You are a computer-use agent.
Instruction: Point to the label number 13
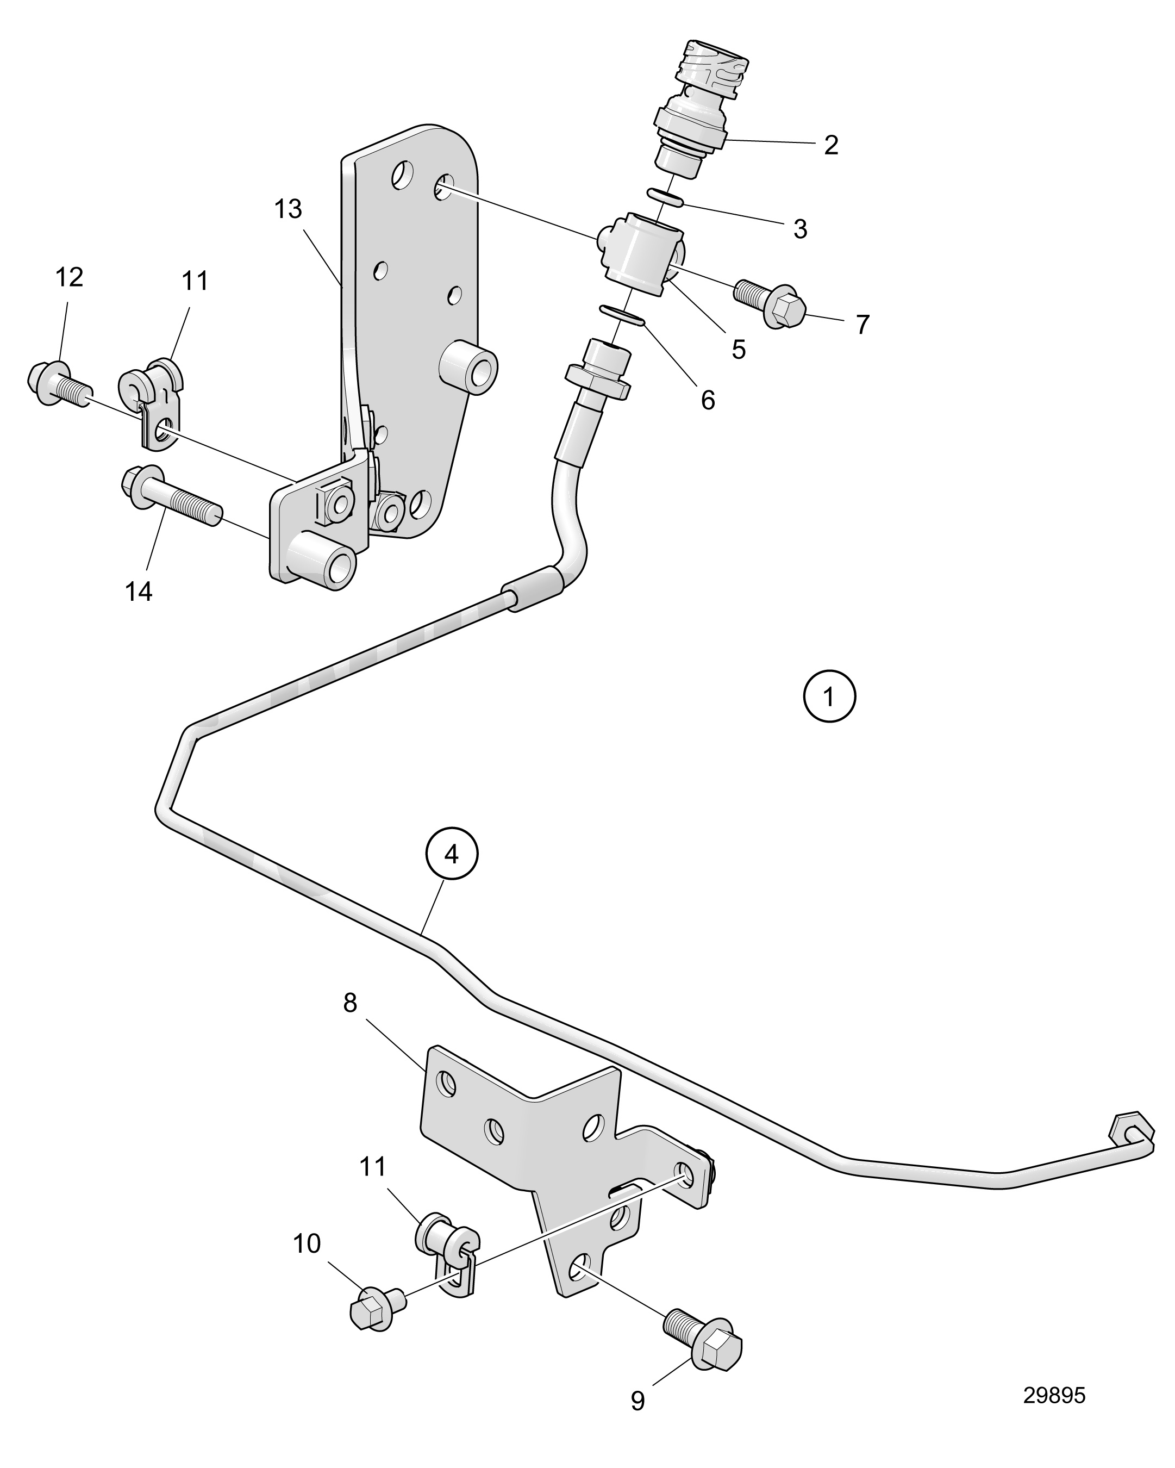(x=288, y=209)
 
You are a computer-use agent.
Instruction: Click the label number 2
(x=830, y=145)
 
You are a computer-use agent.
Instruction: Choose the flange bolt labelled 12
(x=60, y=384)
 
